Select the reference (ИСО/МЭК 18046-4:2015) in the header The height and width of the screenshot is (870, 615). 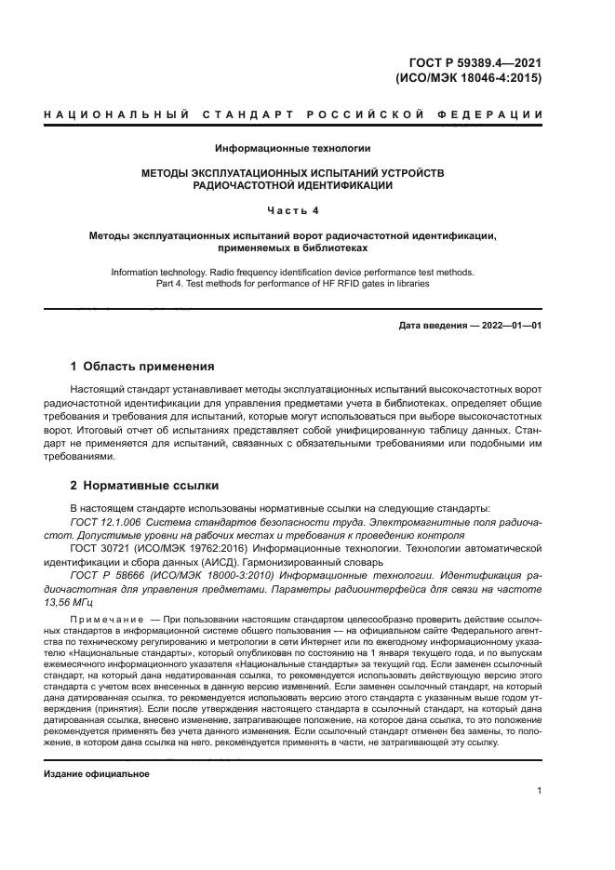point(469,78)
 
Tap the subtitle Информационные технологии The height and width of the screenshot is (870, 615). point(293,148)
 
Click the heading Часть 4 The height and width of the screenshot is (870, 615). point(293,210)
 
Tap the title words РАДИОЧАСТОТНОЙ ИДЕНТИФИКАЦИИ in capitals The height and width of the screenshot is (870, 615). point(292,185)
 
